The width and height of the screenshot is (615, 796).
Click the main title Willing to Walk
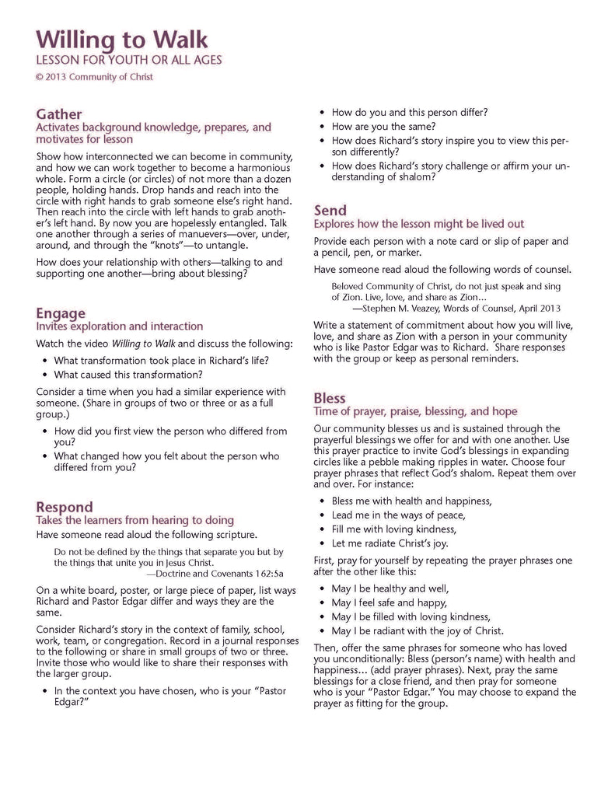point(121,40)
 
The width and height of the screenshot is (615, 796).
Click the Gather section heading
point(58,114)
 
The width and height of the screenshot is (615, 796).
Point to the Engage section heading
point(61,313)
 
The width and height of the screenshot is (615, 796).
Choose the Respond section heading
point(65,508)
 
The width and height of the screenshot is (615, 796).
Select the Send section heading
point(330,211)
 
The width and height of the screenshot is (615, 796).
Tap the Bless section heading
point(330,399)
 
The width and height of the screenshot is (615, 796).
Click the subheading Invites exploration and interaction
point(119,326)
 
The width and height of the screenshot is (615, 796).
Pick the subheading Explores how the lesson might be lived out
point(418,224)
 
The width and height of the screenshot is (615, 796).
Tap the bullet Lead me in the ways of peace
point(398,515)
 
